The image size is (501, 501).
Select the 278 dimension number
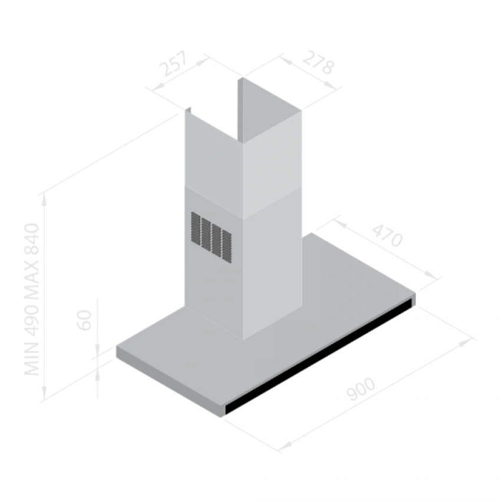318,62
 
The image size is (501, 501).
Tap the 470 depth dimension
387,236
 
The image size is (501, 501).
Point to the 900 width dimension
361,389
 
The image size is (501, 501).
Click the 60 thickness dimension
85,320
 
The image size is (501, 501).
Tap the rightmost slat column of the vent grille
227,246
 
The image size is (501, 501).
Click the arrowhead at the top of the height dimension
44,200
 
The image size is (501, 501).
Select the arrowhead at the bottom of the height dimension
44,393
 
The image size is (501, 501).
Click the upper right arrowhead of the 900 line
466,342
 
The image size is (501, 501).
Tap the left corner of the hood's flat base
116,347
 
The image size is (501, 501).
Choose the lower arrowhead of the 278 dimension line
331,85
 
